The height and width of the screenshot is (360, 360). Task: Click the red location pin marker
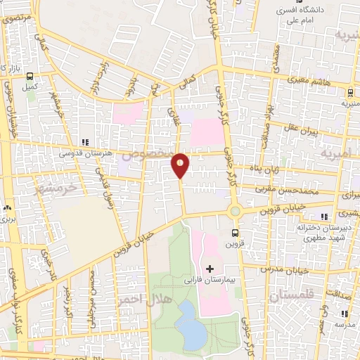click(x=180, y=165)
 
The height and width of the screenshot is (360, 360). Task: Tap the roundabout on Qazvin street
click(x=235, y=211)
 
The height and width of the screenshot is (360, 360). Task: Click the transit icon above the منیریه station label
click(x=349, y=93)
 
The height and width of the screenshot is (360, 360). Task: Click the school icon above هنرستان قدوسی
click(x=85, y=141)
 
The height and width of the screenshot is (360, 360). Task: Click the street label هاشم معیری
click(x=303, y=81)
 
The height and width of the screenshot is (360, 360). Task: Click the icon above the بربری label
click(x=8, y=208)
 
